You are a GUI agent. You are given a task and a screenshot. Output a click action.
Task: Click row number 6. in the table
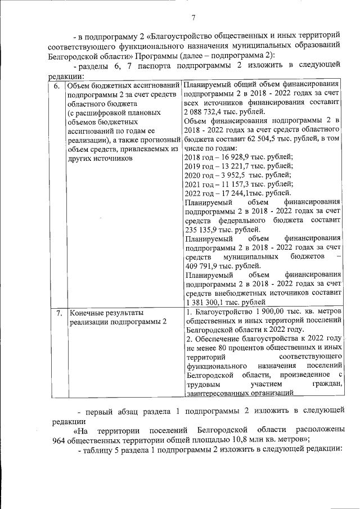point(57,86)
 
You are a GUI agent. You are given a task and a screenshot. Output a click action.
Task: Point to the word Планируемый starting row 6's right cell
point(211,85)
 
